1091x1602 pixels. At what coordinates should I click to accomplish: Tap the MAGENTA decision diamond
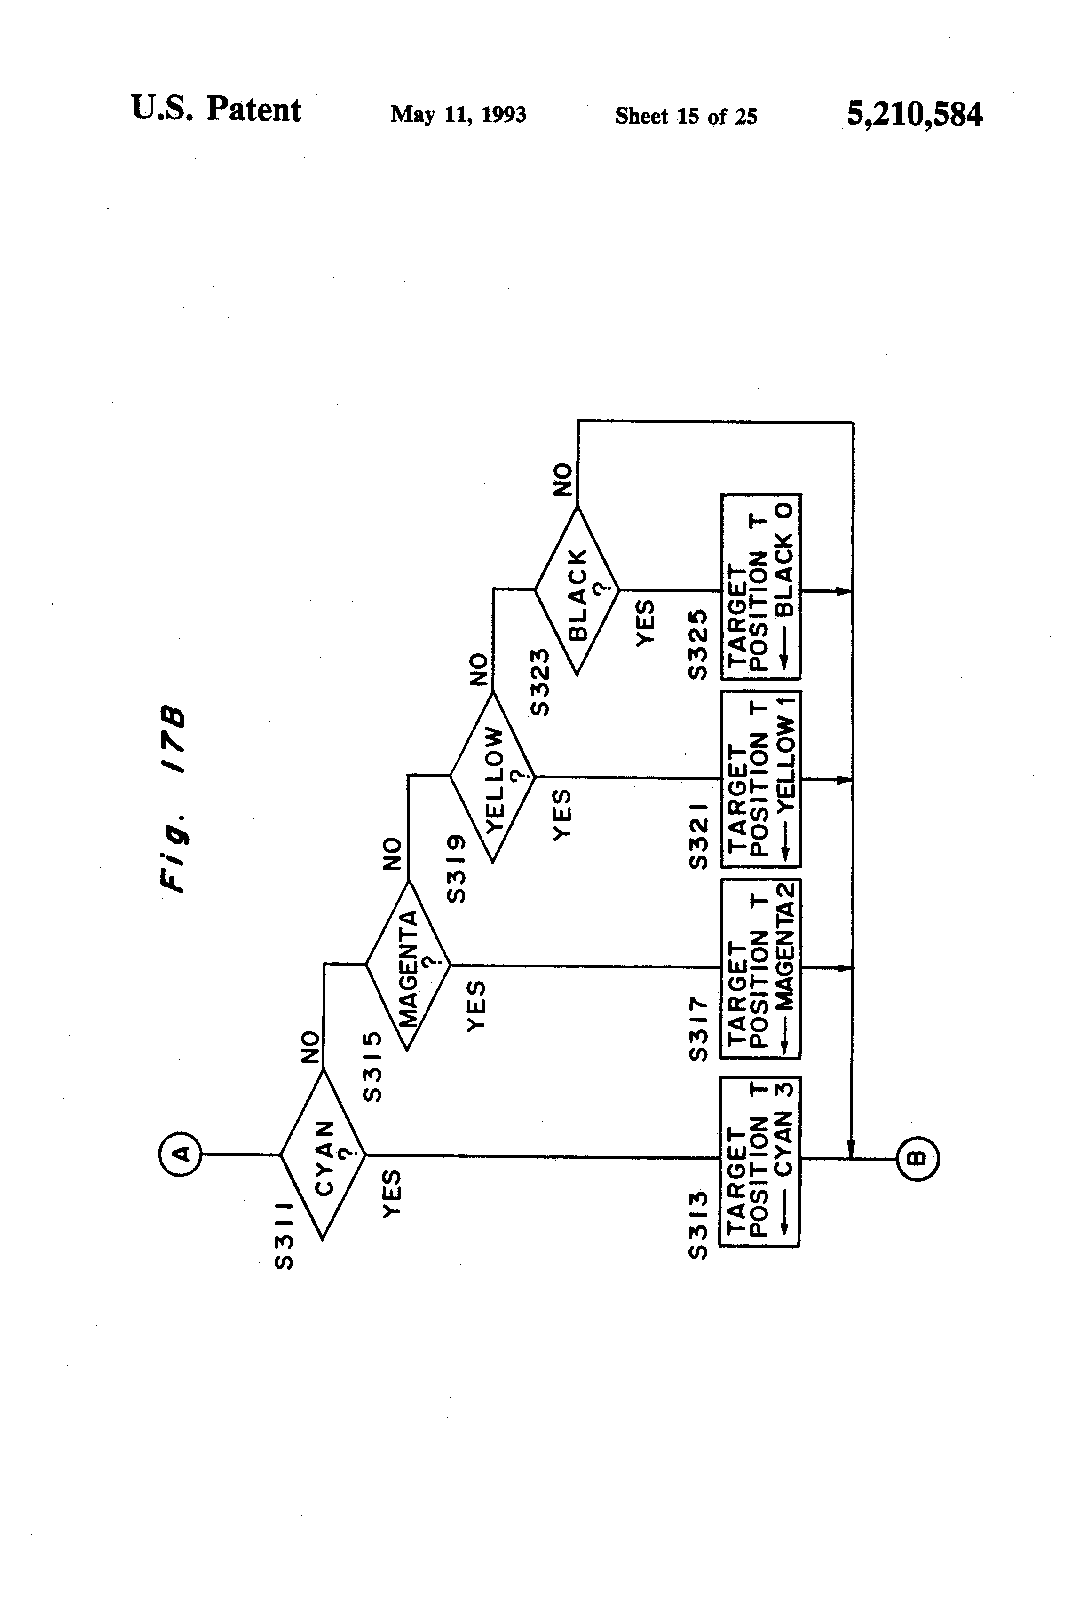point(408,965)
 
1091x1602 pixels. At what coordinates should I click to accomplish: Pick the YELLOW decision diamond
point(492,777)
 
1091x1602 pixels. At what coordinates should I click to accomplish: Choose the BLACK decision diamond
point(577,590)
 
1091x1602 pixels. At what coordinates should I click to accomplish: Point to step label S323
point(541,682)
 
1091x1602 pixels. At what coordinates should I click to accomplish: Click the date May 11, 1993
point(458,114)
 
